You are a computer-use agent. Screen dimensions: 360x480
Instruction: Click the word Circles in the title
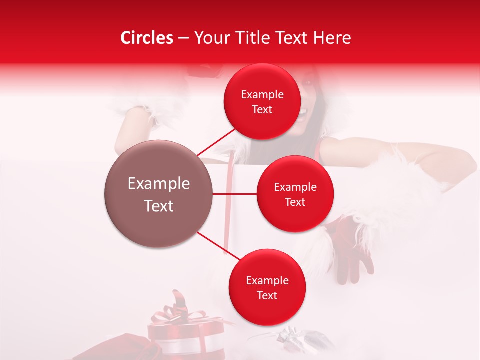pyautogui.click(x=147, y=38)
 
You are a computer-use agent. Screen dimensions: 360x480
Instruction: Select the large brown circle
pyautogui.click(x=158, y=194)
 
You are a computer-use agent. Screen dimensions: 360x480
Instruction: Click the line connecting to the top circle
pyautogui.click(x=216, y=142)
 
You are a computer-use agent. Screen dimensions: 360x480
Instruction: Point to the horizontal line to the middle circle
pyautogui.click(x=235, y=194)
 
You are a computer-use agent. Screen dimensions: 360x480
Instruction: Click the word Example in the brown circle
pyautogui.click(x=158, y=184)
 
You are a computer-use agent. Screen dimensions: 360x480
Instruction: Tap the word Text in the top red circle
pyautogui.click(x=262, y=110)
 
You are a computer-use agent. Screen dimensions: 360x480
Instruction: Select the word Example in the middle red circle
pyautogui.click(x=295, y=187)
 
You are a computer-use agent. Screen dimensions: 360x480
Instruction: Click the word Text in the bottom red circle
pyautogui.click(x=267, y=296)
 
